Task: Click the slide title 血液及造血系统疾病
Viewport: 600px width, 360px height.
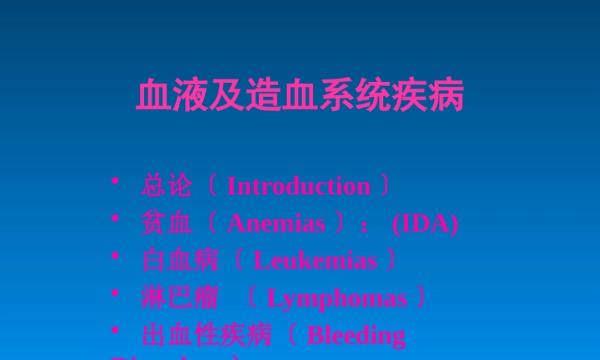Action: tap(300, 96)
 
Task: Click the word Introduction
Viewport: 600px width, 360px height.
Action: tap(298, 187)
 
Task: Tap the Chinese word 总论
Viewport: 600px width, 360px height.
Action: tap(167, 187)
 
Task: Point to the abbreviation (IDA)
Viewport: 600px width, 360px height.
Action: tap(425, 224)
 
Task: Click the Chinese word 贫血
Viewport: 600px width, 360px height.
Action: tap(167, 224)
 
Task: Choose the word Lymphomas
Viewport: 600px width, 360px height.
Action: tap(337, 298)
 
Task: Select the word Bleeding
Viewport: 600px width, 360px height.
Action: tap(356, 335)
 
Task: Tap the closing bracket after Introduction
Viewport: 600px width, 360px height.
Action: tap(385, 187)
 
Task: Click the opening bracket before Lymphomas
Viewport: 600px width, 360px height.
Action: tap(253, 298)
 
